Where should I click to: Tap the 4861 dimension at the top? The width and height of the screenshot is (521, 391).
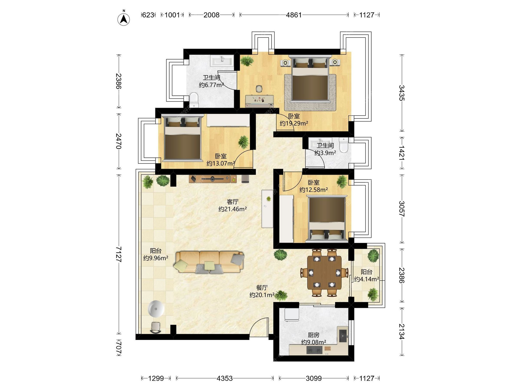click(x=294, y=15)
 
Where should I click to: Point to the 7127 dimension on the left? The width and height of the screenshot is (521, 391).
click(x=119, y=254)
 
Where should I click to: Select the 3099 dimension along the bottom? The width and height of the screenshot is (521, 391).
click(x=314, y=378)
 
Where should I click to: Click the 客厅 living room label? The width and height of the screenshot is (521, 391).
click(x=233, y=202)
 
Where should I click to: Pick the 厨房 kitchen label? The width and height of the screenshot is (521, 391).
click(x=313, y=335)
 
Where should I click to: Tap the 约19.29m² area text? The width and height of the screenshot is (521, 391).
click(x=294, y=123)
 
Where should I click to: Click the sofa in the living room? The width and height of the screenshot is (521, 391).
click(x=209, y=262)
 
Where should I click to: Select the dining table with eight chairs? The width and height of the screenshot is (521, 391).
click(x=324, y=272)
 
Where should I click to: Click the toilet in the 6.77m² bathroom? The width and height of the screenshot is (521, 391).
click(x=194, y=100)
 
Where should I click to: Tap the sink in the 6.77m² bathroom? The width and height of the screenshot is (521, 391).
click(x=222, y=61)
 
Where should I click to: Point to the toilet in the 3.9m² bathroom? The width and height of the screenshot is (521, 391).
click(x=344, y=145)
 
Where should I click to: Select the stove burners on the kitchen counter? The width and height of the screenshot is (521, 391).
click(x=314, y=350)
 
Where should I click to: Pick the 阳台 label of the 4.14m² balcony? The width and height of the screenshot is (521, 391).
click(x=366, y=272)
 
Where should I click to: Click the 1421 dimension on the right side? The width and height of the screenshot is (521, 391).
click(x=402, y=153)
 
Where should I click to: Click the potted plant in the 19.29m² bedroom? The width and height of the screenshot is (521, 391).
click(x=247, y=61)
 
